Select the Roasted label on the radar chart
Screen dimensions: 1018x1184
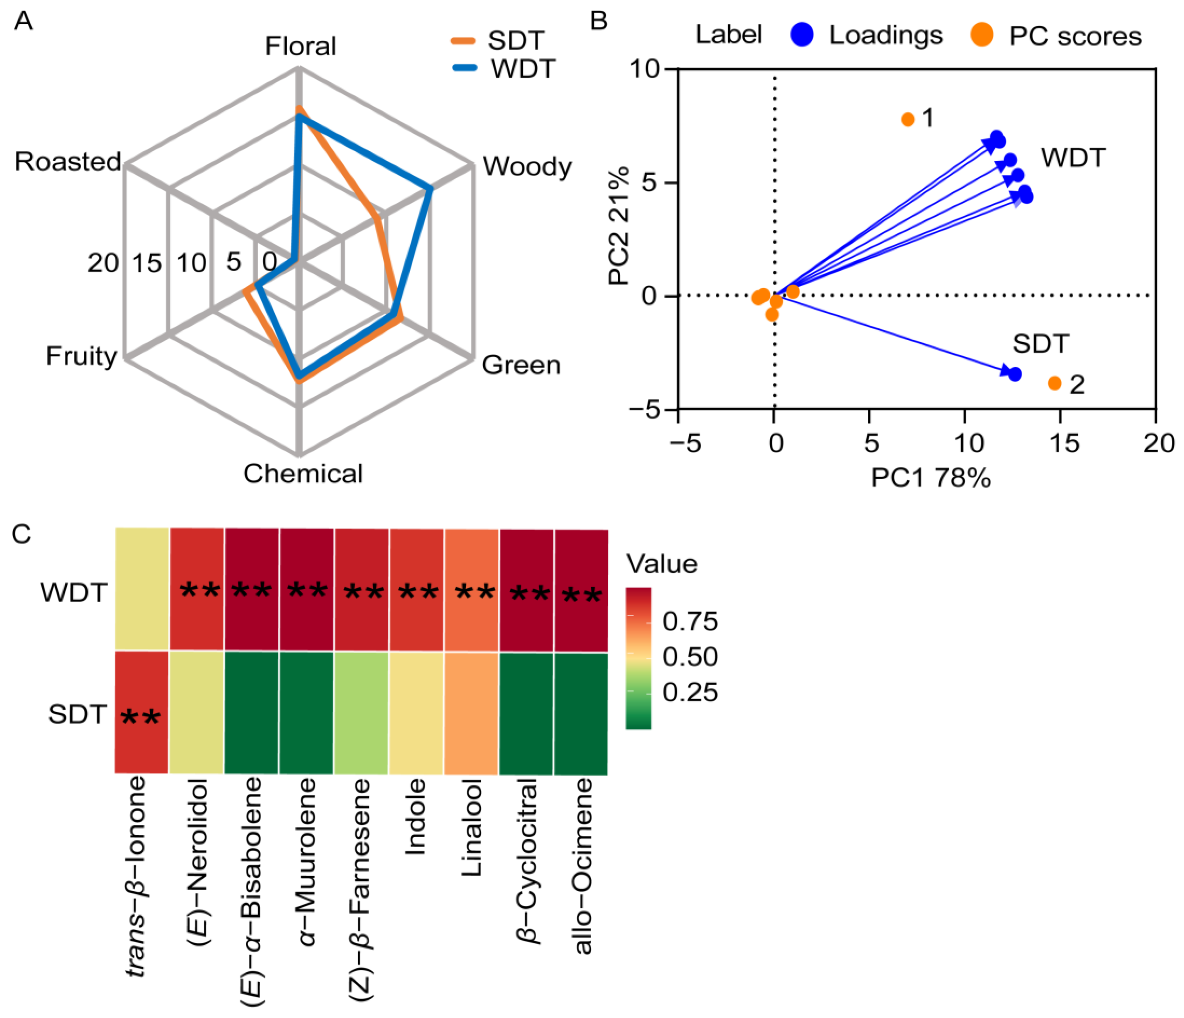(68, 162)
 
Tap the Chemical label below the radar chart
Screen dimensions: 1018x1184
(303, 474)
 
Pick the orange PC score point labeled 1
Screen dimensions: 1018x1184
(907, 119)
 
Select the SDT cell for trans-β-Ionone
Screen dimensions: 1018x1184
(142, 712)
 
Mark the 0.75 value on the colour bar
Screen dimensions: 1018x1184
(690, 621)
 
